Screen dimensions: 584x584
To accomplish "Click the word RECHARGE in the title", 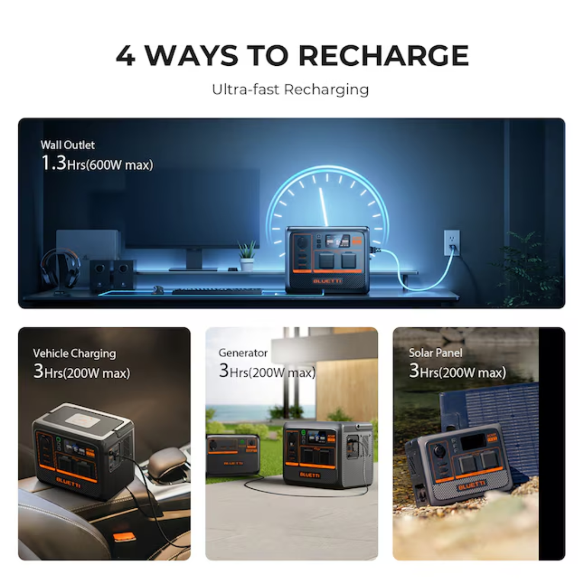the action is coord(384,55).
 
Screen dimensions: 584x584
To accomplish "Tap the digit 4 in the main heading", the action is coord(125,56).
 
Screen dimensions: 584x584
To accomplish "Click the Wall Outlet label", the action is coord(67,145).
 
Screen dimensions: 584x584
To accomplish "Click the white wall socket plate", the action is coord(452,242).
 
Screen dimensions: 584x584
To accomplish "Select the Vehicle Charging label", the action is coord(74,353).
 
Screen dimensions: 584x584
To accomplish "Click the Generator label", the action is coord(243,353).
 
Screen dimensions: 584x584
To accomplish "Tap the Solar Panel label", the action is coord(436,353).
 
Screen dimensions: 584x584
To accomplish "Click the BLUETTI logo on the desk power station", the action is coord(327,281).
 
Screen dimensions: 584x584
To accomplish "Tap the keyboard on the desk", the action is coord(217,292).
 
